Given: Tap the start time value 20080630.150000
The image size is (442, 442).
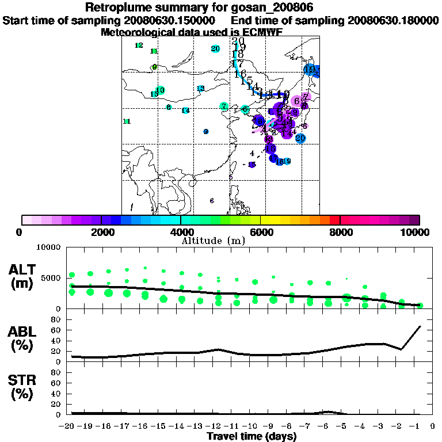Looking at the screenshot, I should pos(173,21).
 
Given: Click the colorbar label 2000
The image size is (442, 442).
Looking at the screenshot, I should pos(101,232).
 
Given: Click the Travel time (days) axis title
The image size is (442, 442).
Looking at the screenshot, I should pos(252,436).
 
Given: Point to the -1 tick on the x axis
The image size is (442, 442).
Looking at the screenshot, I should pos(420,426).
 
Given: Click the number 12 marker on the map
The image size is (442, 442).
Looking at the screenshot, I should pos(139,45).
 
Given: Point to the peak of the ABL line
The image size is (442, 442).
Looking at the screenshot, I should pos(420,326).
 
